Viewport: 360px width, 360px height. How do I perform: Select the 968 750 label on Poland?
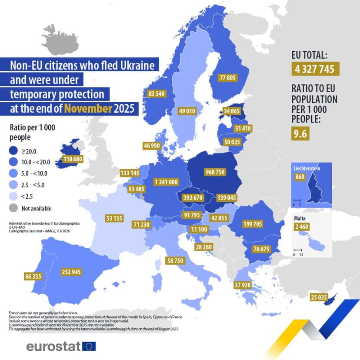point(215,172)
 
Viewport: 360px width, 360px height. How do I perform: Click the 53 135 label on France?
point(114,217)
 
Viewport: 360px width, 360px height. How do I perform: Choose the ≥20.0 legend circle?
point(16,151)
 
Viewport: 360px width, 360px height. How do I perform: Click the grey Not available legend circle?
point(16,208)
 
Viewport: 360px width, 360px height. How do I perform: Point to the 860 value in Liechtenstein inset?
point(300,177)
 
